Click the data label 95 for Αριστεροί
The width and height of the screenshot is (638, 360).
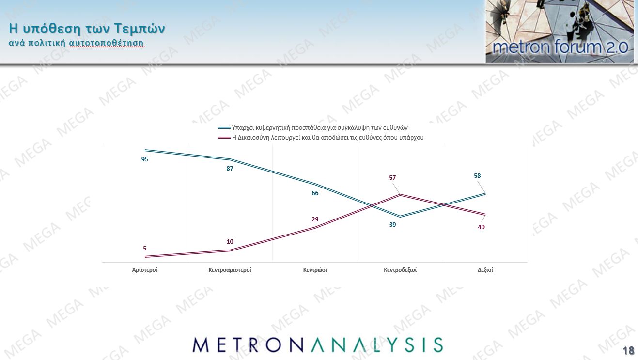144,159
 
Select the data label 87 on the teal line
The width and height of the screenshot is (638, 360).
230,169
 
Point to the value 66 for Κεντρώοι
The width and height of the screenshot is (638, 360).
315,193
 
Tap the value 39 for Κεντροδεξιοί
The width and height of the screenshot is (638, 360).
392,225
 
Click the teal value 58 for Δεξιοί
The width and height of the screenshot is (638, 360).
477,176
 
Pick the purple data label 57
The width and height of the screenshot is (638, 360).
392,178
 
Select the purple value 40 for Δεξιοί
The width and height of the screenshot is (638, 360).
481,227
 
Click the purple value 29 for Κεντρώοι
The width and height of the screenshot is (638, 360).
315,219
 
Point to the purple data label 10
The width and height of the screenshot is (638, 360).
230,242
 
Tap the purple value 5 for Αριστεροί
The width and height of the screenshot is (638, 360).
144,249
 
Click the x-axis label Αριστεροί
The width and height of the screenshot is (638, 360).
144,270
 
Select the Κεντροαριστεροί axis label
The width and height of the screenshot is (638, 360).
230,270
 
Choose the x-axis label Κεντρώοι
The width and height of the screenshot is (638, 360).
315,270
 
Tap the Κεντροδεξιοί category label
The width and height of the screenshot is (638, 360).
400,270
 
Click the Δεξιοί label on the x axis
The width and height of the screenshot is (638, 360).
485,270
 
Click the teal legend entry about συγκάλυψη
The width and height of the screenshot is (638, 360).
320,128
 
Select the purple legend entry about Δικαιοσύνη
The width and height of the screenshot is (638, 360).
327,138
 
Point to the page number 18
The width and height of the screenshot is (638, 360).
628,351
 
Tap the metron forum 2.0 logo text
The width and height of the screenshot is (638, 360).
560,47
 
